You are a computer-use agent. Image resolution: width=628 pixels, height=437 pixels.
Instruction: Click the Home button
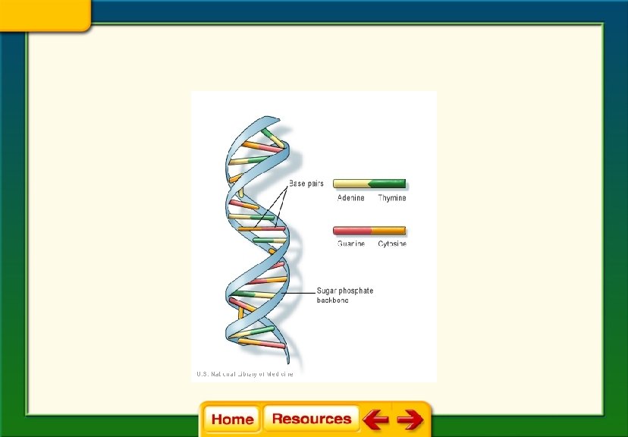tap(232, 419)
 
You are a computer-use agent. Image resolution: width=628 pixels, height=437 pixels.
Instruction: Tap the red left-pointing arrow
tap(375, 419)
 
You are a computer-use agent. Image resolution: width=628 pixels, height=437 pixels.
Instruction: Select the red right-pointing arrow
tap(410, 419)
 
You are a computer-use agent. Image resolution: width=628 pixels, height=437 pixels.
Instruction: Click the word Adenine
tap(350, 198)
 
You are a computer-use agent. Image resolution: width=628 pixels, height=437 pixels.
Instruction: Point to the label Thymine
tap(392, 198)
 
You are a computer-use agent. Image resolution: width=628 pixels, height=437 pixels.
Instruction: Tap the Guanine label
tap(350, 244)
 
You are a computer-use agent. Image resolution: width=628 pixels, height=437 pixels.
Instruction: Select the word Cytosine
tap(392, 244)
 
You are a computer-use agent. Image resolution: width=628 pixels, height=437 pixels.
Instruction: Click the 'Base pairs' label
tap(306, 184)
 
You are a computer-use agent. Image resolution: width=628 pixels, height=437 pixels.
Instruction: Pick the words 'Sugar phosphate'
tap(345, 291)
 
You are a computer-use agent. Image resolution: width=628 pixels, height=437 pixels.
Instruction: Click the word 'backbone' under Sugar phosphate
tap(332, 300)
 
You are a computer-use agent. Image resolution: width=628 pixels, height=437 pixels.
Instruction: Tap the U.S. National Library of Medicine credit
tap(244, 373)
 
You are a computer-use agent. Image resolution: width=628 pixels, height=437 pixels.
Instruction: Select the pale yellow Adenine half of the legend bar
tap(350, 184)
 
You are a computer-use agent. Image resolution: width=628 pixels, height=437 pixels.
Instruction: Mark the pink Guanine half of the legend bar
tap(351, 230)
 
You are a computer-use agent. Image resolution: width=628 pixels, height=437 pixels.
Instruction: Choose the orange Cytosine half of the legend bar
tap(388, 230)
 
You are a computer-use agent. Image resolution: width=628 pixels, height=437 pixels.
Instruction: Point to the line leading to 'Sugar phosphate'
tap(300, 291)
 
